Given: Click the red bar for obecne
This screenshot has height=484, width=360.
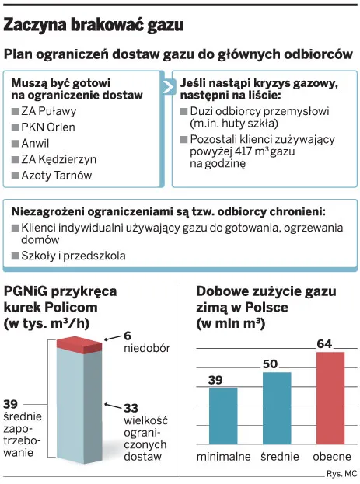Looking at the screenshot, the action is [330, 399].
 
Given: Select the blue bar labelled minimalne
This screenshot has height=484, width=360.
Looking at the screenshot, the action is [223, 416].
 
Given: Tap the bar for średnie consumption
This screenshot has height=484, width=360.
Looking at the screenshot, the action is [277, 409].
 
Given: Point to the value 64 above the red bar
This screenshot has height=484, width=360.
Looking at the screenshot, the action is [324, 344].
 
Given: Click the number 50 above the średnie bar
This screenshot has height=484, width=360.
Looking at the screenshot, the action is [271, 364].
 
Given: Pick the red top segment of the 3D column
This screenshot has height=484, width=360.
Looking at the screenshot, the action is [79, 345].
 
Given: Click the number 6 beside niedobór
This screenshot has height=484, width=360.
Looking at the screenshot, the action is [128, 336].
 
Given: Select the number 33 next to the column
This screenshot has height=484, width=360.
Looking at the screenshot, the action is [131, 408].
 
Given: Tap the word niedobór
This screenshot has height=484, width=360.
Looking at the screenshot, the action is [147, 348].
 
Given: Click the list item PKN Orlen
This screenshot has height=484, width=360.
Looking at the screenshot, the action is [48, 127].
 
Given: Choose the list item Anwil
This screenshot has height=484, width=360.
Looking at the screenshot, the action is [35, 143].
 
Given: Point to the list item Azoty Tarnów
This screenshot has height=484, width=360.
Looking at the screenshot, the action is [57, 176].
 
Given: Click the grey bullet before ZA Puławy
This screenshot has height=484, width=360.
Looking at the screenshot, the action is [15, 111].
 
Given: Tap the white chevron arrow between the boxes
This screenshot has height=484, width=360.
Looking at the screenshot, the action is [168, 87].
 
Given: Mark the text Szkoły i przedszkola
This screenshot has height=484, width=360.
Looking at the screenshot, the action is [73, 256].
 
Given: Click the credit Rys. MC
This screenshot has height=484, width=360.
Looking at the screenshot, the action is [342, 473].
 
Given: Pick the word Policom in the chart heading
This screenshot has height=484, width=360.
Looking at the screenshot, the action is [71, 307].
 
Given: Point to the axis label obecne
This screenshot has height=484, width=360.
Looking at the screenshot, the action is [332, 457].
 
